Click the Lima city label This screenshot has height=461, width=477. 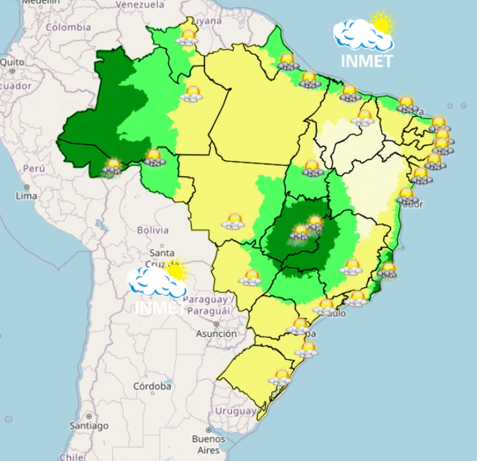26,196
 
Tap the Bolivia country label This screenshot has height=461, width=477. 152,230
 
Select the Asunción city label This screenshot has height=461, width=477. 216,334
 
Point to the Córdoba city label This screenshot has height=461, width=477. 152,387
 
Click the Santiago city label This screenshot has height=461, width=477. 89,426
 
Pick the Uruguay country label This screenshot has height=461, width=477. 235,411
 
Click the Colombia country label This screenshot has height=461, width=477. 68,27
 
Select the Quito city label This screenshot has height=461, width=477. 12,62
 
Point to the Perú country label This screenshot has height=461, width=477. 34,169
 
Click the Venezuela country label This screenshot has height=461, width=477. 140,5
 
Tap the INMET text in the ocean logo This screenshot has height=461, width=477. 366,62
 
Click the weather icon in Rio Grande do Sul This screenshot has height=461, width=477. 281,377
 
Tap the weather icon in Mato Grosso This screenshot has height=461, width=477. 233,221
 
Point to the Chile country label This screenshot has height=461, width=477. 71,457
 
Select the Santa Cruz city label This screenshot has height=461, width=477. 162,258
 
